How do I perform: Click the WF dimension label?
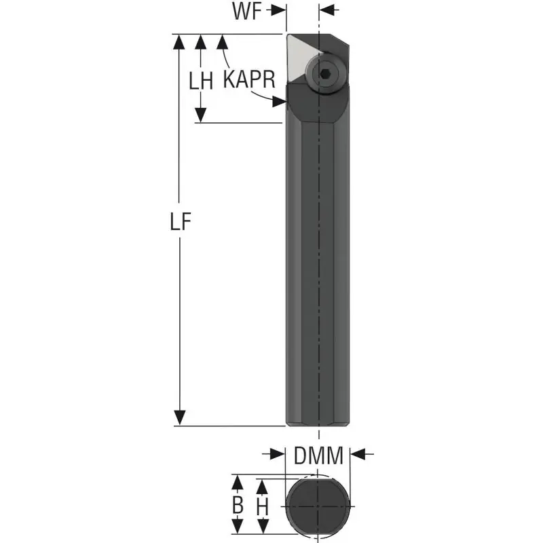coord(247,11)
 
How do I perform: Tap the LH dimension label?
coord(201,81)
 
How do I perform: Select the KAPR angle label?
coord(249,79)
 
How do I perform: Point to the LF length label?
coord(181,221)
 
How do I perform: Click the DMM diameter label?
coord(318,455)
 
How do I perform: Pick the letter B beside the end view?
coord(238,505)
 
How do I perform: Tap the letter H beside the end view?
coord(263,507)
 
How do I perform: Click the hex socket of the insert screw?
coord(325,73)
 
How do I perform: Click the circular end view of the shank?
coord(318,506)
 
